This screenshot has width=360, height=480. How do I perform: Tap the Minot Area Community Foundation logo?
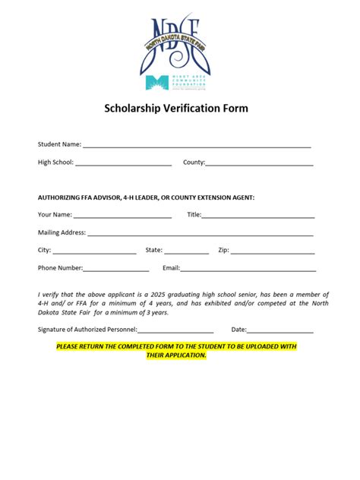coord(179,84)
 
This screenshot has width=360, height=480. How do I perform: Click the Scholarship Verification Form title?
coord(176,109)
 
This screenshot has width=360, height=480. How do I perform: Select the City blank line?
coord(94,251)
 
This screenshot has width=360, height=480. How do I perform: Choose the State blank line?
coord(186,251)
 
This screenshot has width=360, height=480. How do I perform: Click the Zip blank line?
coord(273,251)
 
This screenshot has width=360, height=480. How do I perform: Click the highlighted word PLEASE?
coord(68,346)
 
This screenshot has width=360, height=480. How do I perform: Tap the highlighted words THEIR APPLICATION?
coord(176,355)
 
